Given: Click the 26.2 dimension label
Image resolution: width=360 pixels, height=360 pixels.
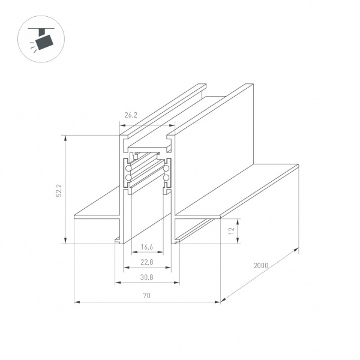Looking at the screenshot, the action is click(x=131, y=115).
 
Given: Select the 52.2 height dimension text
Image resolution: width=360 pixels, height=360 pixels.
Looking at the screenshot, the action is click(x=59, y=190).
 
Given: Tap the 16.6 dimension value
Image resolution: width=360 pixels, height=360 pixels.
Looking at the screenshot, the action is click(x=147, y=247).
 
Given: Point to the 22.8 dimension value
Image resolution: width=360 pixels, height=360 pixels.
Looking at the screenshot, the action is click(x=147, y=262).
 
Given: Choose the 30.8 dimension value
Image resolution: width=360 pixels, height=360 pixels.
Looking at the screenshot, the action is click(x=147, y=277).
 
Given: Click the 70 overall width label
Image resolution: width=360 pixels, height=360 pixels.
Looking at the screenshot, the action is click(x=147, y=295).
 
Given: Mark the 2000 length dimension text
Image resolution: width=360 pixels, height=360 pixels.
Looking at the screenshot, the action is click(x=261, y=265).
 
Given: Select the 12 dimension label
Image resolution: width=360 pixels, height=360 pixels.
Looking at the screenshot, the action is click(x=232, y=230).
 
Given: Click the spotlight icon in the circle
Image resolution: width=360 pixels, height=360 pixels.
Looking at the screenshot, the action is click(x=42, y=39).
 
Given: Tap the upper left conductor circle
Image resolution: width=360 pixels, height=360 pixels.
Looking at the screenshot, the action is click(x=128, y=169).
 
